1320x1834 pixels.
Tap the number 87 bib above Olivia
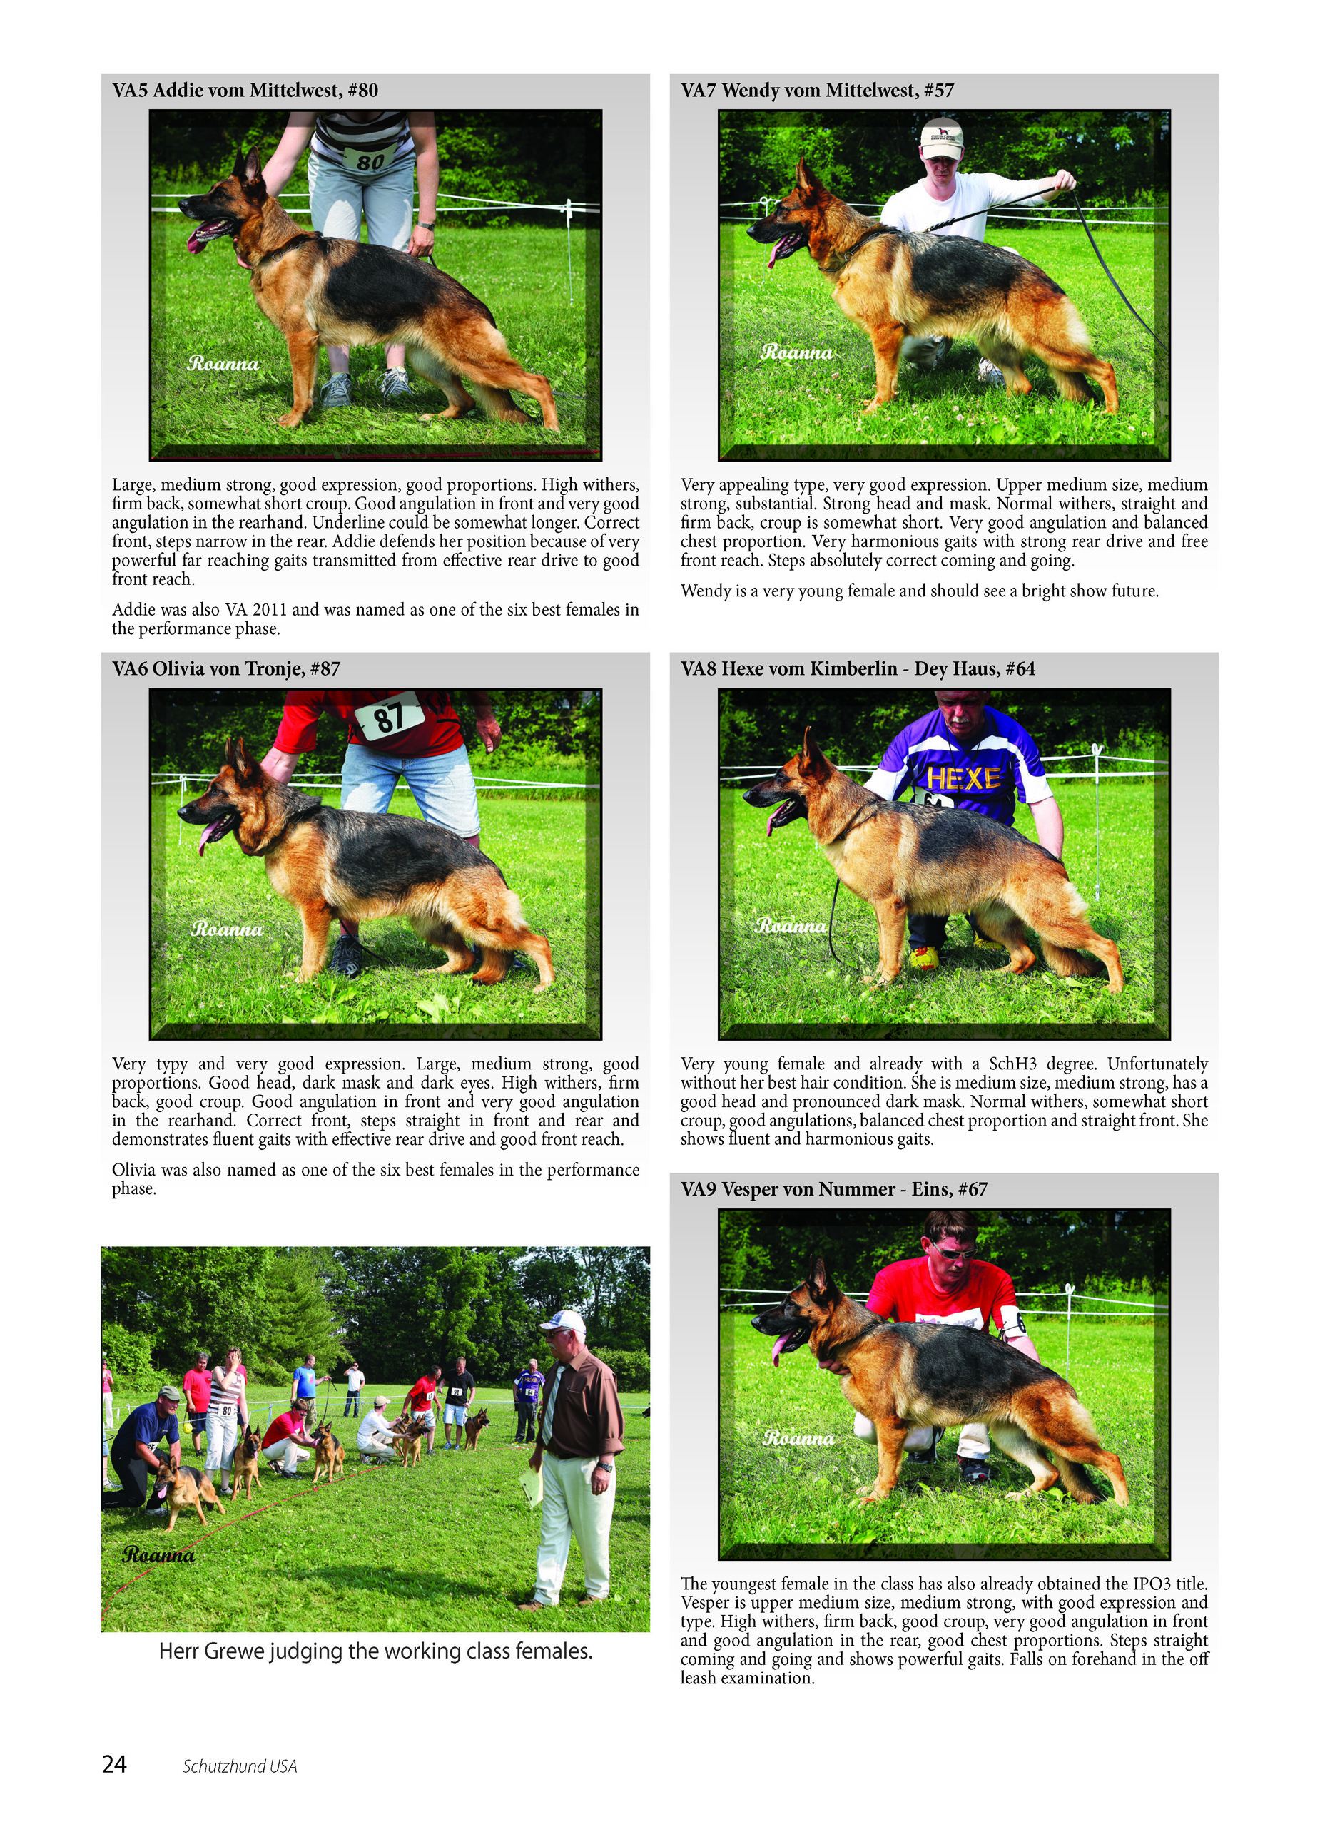390,715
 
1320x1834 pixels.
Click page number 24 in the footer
114,1763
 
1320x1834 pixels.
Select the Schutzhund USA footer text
240,1766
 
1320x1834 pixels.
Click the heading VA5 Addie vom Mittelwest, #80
245,91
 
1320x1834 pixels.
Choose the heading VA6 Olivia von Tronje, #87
225,668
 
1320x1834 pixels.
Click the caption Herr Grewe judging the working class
375,1651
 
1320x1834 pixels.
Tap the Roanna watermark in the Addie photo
223,364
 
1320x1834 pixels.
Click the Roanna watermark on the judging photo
158,1555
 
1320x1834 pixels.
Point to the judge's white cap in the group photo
563,1322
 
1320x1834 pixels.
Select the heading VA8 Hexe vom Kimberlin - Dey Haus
858,668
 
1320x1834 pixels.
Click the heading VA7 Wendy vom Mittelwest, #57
817,91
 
